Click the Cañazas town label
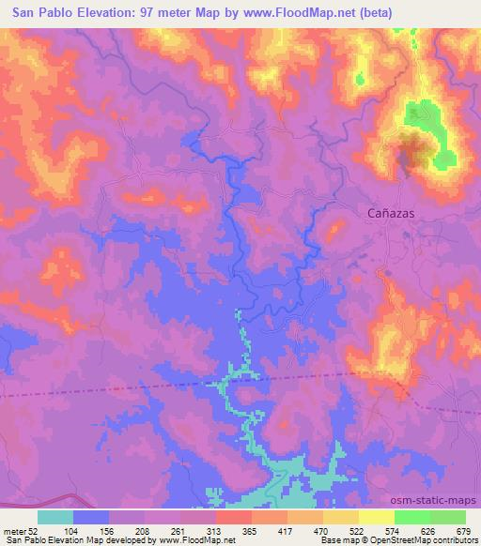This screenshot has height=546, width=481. click(389, 214)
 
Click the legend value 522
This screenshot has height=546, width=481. click(359, 530)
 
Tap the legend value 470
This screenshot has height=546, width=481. click(322, 530)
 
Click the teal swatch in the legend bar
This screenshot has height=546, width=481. click(55, 517)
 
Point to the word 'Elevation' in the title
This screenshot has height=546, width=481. click(105, 12)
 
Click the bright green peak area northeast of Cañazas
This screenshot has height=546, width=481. click(419, 116)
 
